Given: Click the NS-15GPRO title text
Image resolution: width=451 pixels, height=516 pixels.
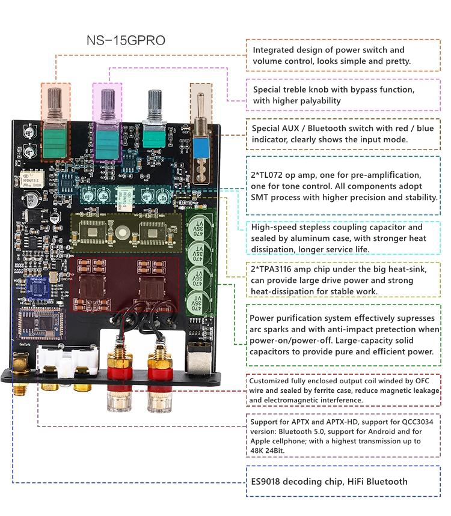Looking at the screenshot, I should (126, 41).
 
